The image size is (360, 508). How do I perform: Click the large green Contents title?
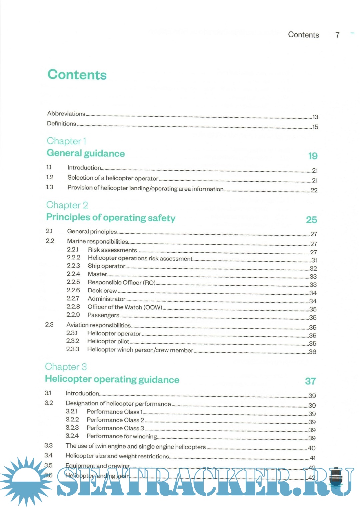(77, 75)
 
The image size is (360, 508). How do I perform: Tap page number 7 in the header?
(337, 35)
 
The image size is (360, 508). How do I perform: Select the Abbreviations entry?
(66, 114)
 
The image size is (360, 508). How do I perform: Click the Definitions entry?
(62, 124)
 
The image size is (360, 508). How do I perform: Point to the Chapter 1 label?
(67, 141)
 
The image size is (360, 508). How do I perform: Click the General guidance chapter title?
(86, 153)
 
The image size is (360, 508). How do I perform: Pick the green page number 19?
(313, 156)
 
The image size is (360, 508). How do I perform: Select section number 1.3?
(50, 187)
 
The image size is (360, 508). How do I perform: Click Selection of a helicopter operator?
(113, 178)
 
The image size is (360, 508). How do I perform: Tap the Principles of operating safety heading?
(111, 218)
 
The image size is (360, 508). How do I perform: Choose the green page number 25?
(311, 220)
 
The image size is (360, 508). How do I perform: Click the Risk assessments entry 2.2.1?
(112, 250)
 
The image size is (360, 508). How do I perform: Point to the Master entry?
(97, 274)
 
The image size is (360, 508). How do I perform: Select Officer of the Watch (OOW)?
(125, 307)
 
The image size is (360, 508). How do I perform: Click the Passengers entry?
(103, 315)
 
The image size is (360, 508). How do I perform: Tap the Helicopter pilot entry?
(108, 341)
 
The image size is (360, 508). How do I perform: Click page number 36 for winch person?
(312, 352)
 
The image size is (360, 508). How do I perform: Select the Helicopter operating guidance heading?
(112, 379)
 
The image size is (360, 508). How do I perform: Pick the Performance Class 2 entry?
(115, 420)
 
